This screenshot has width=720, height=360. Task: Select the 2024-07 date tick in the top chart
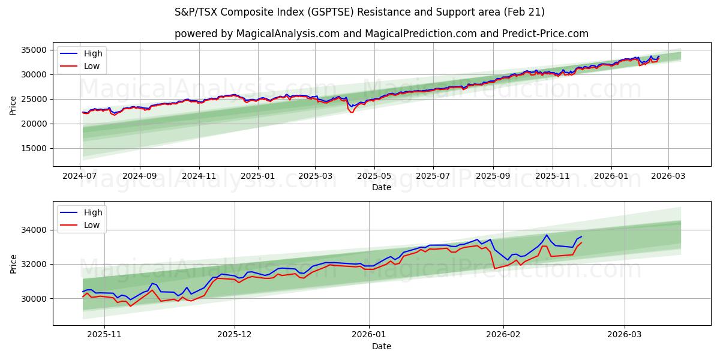80,176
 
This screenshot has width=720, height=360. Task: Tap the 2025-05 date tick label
374,176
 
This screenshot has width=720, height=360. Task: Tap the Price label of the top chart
13,106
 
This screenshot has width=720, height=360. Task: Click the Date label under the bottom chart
382,346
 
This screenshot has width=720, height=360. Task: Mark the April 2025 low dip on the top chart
352,112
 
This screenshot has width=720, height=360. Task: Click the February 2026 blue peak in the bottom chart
547,235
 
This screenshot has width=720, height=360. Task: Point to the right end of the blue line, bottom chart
581,236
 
